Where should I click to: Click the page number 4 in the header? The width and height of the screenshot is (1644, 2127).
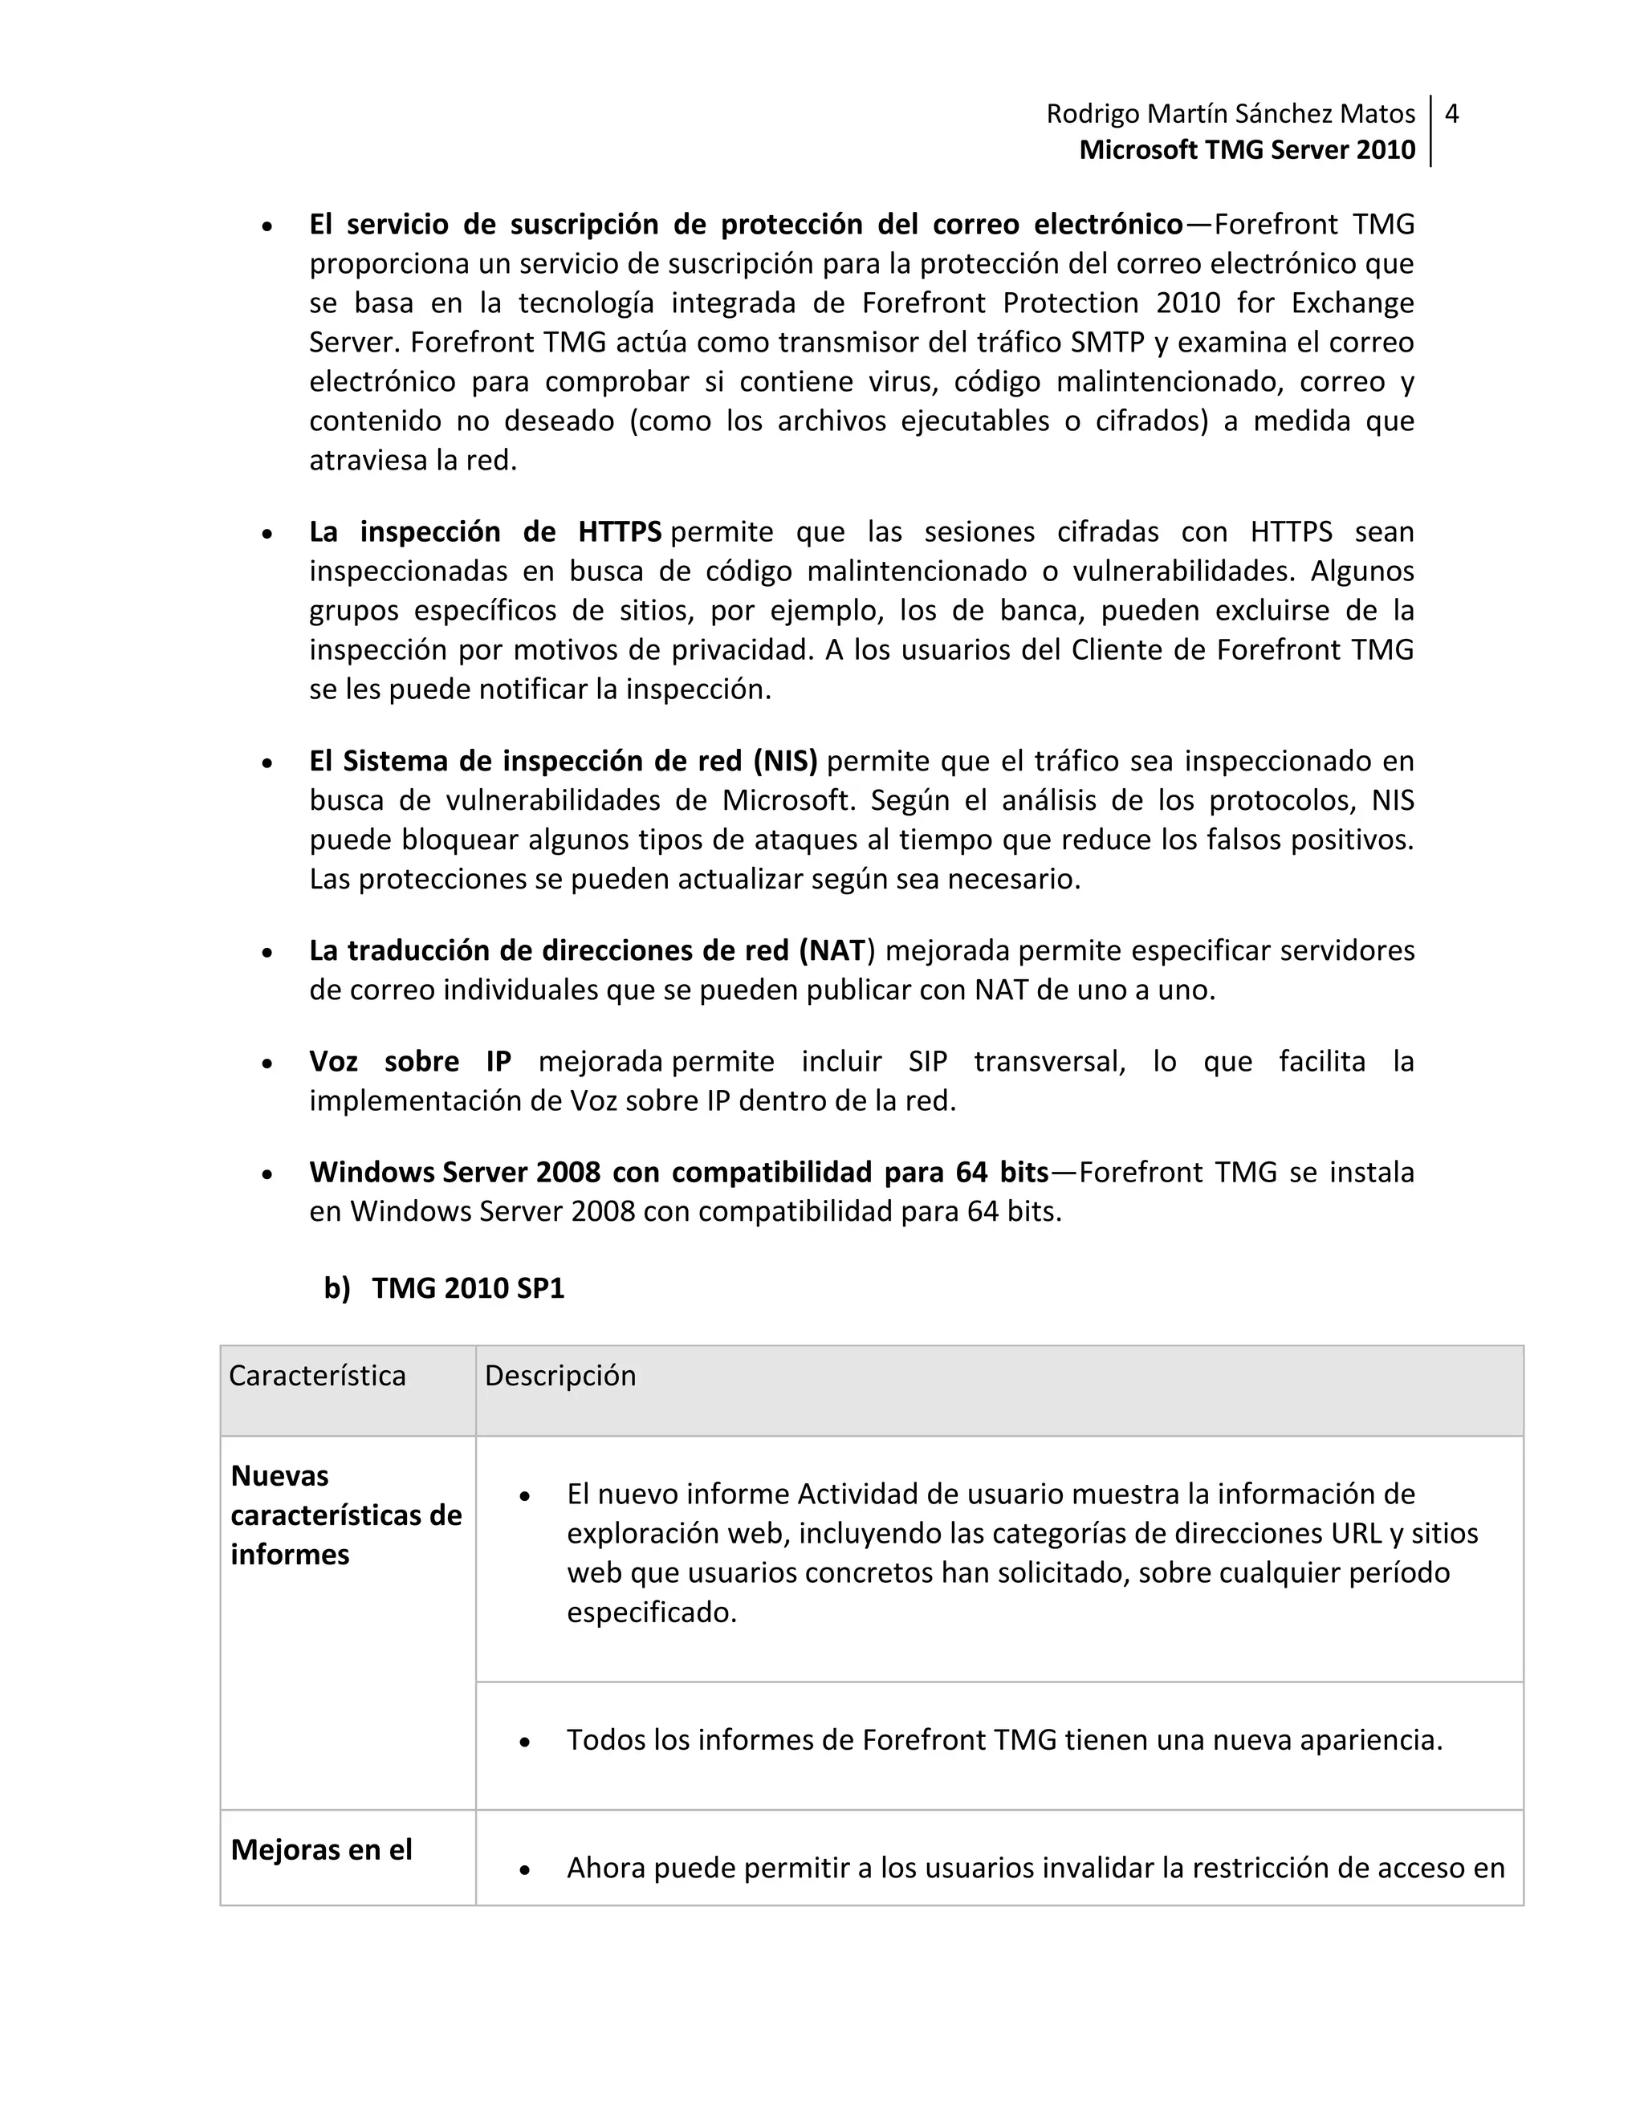tap(1451, 114)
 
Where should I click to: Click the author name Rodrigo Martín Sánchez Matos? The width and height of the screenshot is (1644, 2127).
tap(1230, 114)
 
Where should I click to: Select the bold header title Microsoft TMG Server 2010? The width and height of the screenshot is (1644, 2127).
tap(1247, 150)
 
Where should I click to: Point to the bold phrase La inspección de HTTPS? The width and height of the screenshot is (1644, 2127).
tap(485, 531)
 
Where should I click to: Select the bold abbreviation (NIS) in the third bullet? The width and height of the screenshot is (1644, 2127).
tap(784, 761)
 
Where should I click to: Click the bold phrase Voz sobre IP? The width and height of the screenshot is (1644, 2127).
tap(410, 1062)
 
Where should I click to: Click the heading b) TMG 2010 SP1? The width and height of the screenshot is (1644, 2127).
tap(444, 1288)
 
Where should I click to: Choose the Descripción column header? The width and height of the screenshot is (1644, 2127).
tap(560, 1375)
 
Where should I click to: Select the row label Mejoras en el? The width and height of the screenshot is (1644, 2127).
tap(321, 1849)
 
